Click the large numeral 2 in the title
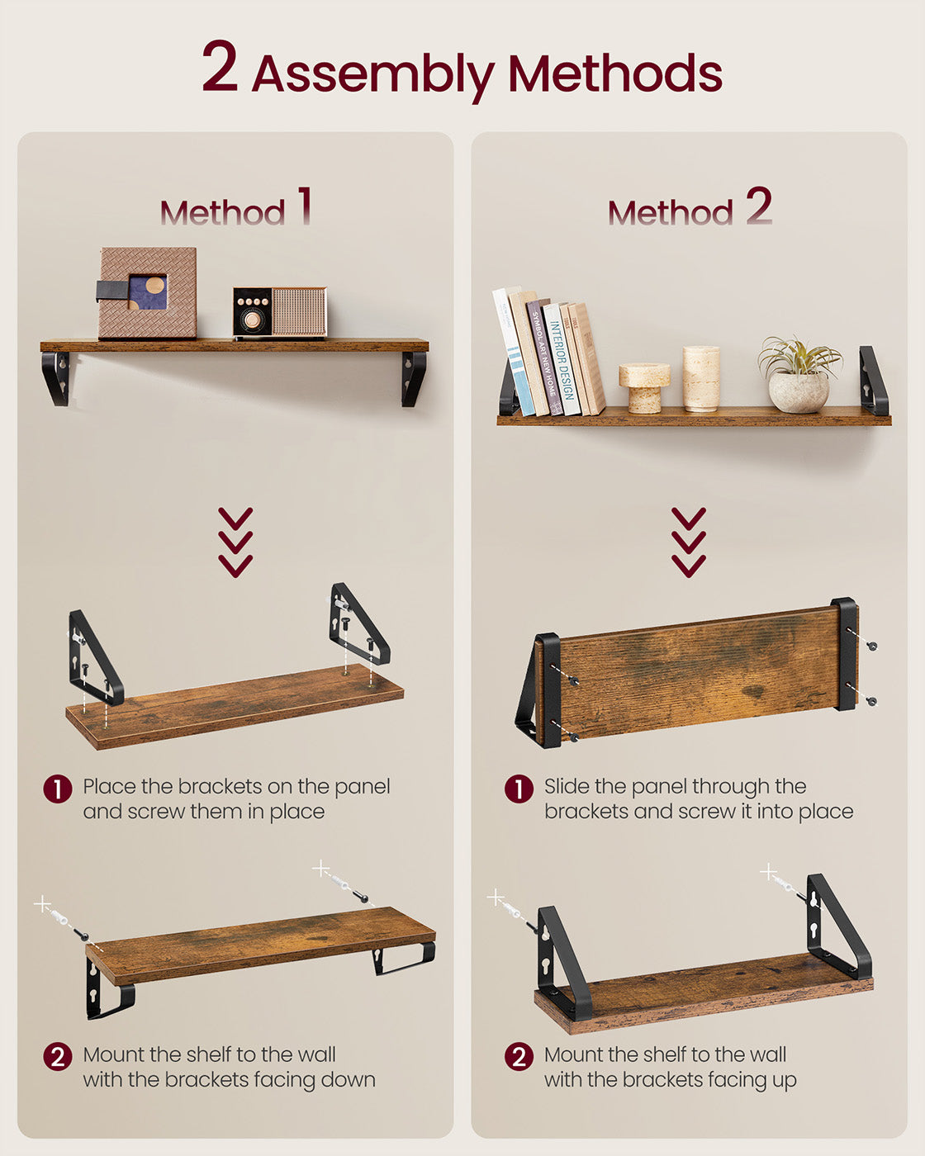220,68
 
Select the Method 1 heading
236,209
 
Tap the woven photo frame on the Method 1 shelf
148,292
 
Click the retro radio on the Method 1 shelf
279,312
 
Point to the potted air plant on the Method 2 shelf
799,375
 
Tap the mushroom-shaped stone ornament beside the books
644,386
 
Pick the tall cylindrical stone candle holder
701,378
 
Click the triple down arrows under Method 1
235,542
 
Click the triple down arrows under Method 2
689,542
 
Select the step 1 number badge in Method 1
57,789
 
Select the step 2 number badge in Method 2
519,1056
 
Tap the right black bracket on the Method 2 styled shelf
872,381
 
